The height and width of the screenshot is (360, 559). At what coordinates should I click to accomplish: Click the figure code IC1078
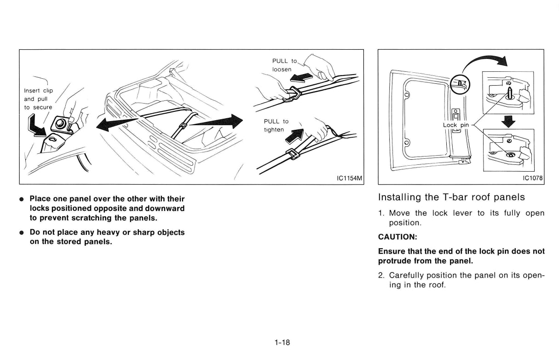point(532,179)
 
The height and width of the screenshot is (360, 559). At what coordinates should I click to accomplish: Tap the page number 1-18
point(282,343)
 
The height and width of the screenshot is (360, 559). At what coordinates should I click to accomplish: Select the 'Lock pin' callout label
point(456,125)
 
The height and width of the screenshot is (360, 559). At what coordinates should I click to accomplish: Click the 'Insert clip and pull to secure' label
point(38,99)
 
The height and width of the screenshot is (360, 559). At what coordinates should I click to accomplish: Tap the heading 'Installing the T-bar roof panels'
point(451,197)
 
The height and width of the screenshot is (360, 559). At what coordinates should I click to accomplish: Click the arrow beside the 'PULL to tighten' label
point(296,134)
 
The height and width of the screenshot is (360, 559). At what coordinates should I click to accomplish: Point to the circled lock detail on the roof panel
point(461,84)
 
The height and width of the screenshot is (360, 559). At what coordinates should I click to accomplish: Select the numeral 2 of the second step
point(381,275)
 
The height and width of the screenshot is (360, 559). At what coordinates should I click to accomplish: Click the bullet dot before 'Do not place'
point(22,232)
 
